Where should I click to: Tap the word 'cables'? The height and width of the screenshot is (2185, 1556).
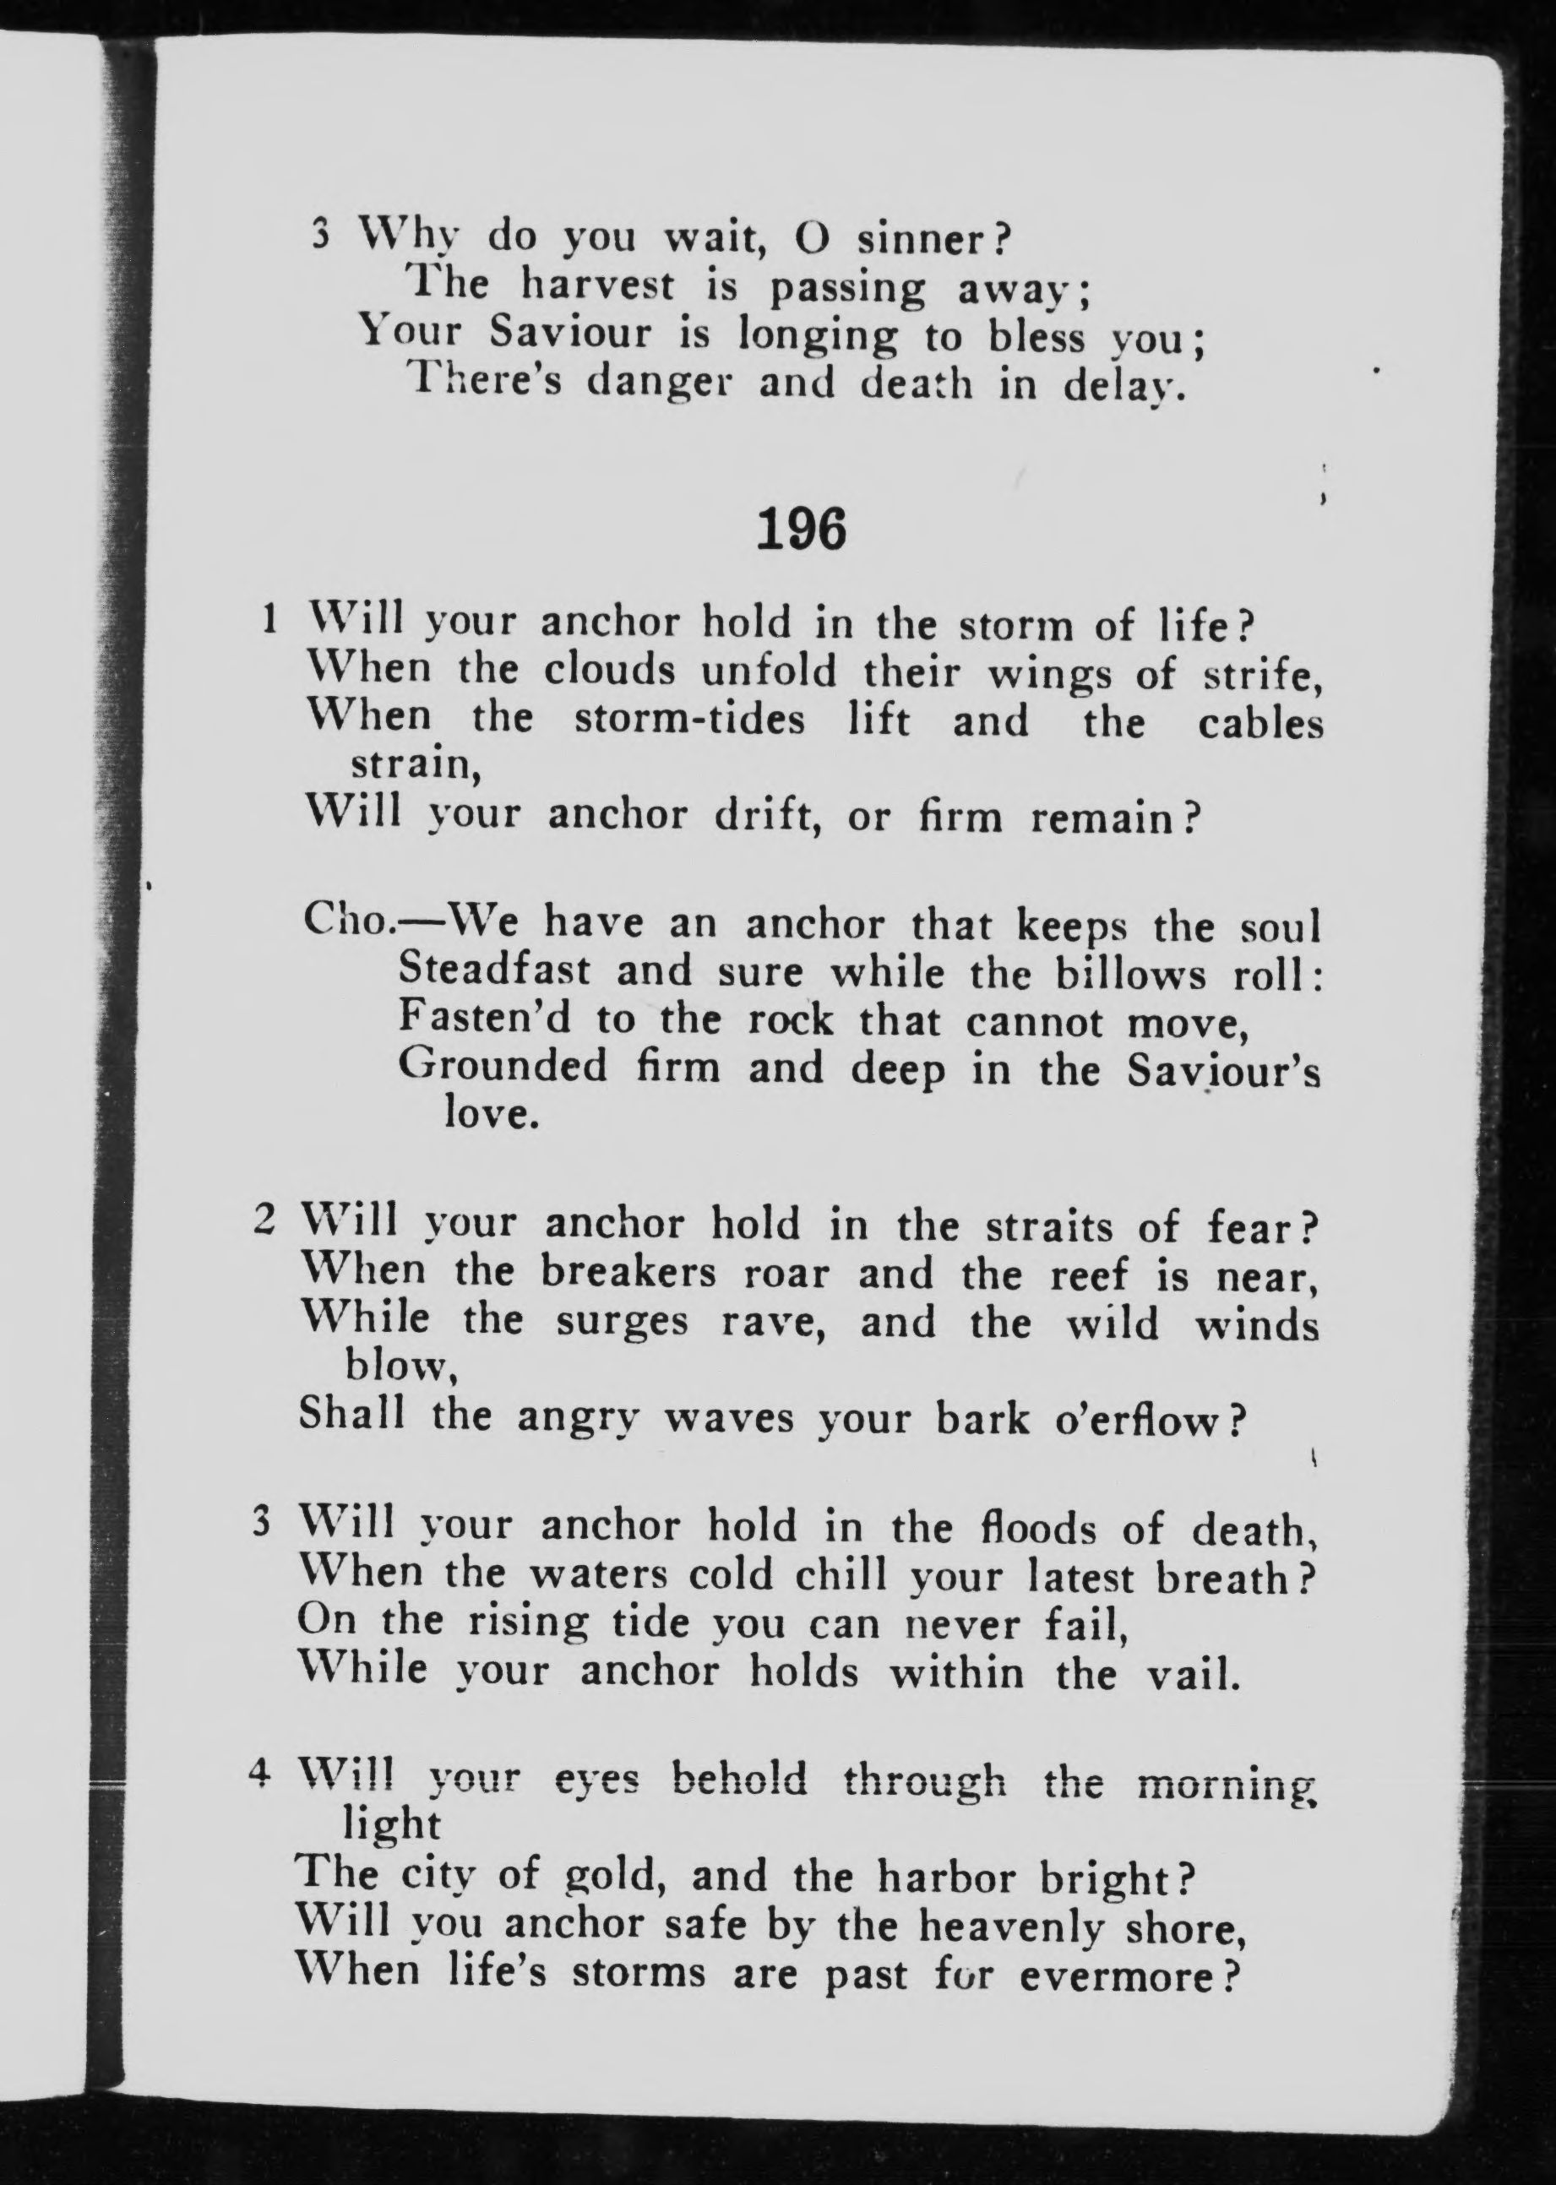(x=1260, y=722)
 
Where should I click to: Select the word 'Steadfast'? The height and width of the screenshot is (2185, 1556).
(x=494, y=970)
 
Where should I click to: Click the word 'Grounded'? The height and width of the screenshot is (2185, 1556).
(x=502, y=1065)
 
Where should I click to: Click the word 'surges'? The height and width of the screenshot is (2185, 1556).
(x=623, y=1322)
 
